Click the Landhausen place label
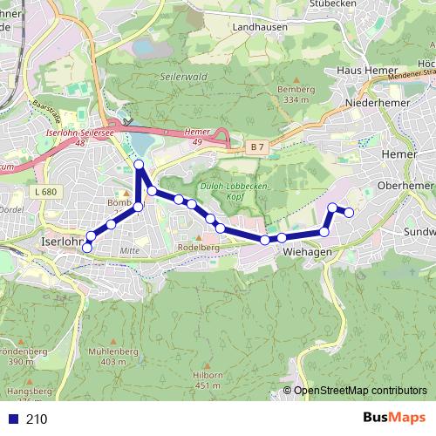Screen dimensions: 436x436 (260, 27)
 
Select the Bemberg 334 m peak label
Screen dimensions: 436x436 (292, 95)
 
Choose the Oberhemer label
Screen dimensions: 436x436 (406, 186)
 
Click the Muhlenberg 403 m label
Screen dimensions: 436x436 (113, 356)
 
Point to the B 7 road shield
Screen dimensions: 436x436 (254, 148)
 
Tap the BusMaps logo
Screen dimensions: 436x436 (393, 419)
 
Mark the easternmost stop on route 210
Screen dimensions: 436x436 (349, 213)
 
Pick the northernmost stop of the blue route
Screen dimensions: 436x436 (139, 165)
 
